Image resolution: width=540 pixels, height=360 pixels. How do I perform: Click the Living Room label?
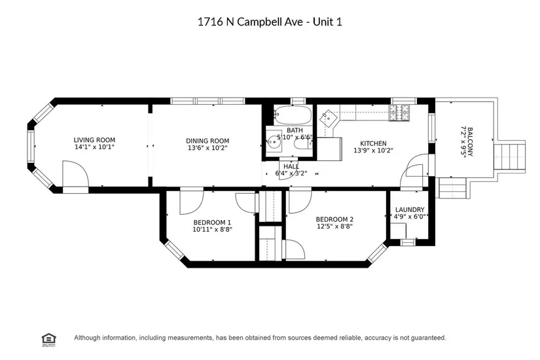coord(94,140)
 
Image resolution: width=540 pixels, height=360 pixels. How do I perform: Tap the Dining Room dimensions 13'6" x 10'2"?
coord(207,148)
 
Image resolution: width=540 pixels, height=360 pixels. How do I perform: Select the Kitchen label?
coord(373,143)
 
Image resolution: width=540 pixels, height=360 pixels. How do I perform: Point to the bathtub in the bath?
coord(293,115)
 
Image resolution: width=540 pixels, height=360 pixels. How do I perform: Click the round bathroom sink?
coord(274,141)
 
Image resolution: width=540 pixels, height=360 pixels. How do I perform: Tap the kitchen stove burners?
coord(399,113)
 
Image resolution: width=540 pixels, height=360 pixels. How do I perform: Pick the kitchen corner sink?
coord(327,119)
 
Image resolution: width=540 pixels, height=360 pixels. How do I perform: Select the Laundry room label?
coord(410,209)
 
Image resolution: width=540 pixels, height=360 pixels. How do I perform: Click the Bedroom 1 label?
coord(212,223)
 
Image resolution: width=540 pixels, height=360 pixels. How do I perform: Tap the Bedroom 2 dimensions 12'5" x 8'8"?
coord(334,226)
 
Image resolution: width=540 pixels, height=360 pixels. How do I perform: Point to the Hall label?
coord(291,166)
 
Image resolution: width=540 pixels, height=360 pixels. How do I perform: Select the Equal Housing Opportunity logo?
coord(49,340)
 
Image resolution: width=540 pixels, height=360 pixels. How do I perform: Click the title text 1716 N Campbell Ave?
coord(251,22)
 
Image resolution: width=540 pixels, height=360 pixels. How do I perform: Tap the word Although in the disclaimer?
coord(88,338)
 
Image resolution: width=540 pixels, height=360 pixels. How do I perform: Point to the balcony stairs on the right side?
coord(510,156)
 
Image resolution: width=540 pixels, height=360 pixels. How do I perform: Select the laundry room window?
coord(408,242)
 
